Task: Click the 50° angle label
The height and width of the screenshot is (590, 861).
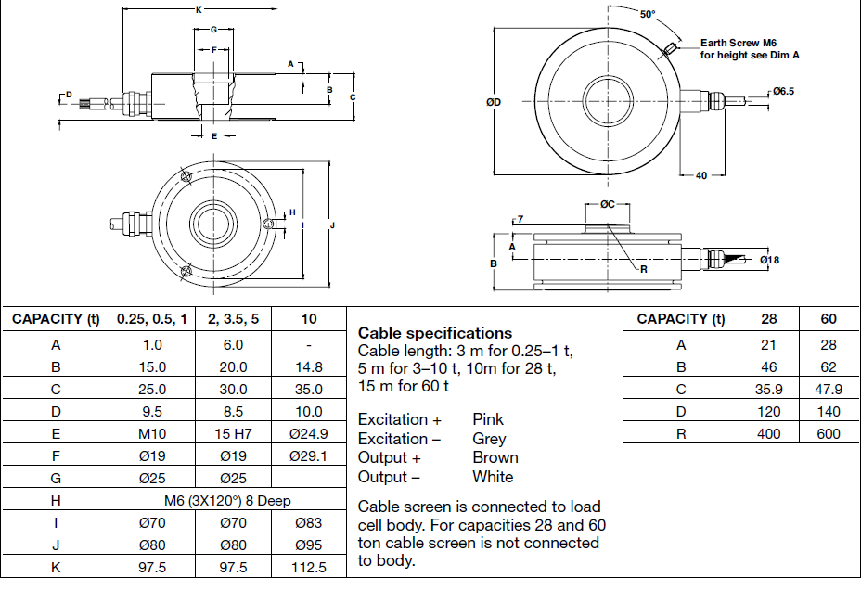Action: pos(647,14)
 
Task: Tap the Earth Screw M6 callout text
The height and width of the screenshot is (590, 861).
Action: pos(739,43)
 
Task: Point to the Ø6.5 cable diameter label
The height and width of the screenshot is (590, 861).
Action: pos(783,92)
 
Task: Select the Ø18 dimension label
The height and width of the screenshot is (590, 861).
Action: pos(769,260)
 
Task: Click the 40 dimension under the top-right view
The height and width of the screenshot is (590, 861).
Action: pos(700,175)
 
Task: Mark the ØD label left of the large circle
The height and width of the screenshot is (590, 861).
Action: pos(493,102)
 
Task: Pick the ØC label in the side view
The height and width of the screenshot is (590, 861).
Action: pos(608,204)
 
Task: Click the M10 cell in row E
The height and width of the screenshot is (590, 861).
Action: pos(151,433)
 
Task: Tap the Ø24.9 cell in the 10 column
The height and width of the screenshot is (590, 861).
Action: pos(309,433)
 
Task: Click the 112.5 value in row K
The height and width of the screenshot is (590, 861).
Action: pos(309,567)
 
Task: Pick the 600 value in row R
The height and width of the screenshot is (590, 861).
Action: pos(829,433)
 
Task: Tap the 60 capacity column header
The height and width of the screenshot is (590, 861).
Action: pos(829,318)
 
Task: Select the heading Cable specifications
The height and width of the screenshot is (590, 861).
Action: pos(434,332)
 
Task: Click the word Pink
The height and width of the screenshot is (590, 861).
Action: pos(488,419)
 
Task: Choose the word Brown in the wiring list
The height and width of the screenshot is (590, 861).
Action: pos(495,457)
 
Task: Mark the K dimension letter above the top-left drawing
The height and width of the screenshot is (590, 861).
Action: pos(199,10)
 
